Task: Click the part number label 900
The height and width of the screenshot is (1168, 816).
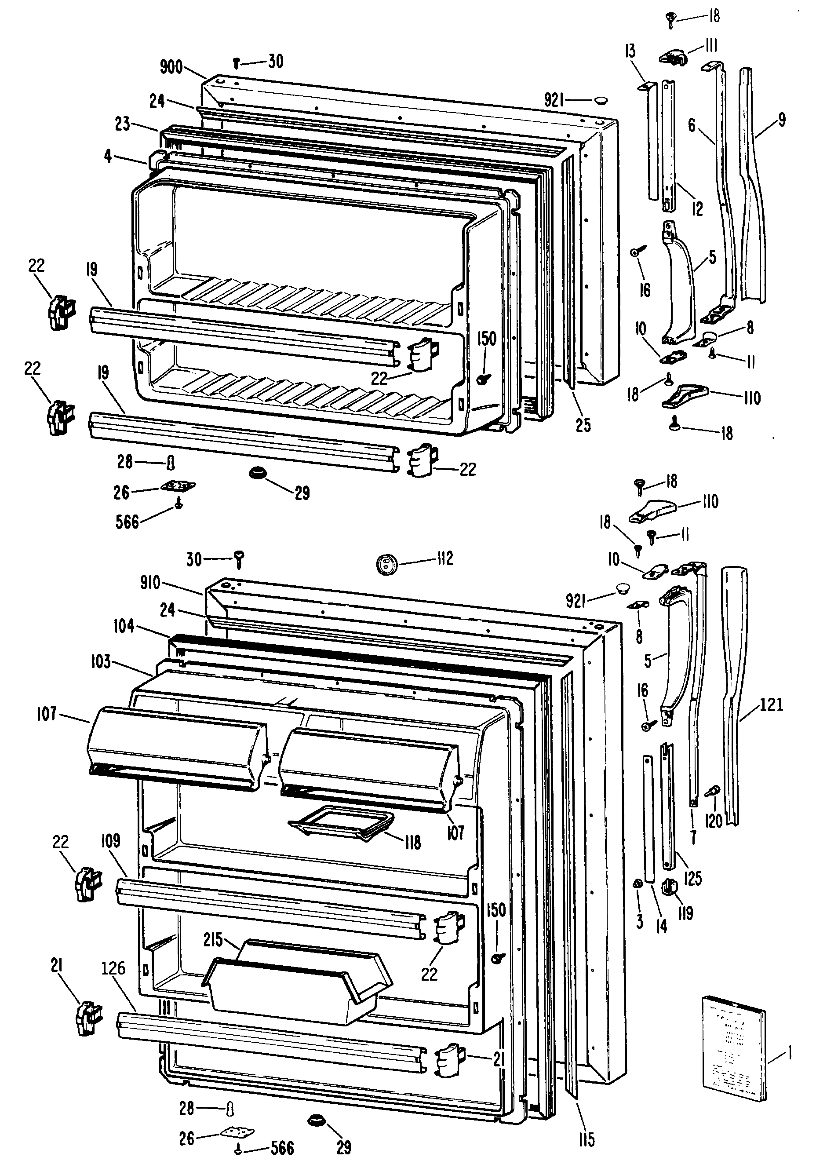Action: tap(171, 67)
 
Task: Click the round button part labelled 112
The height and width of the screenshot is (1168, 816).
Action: tap(385, 564)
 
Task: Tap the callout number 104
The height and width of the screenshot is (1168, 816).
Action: tap(124, 626)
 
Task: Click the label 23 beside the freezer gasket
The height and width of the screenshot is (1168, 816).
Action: tap(122, 124)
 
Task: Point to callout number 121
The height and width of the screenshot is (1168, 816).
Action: tap(771, 704)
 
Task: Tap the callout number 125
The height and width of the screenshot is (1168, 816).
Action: tap(693, 877)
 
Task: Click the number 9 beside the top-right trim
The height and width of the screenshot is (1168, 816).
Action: tap(781, 120)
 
